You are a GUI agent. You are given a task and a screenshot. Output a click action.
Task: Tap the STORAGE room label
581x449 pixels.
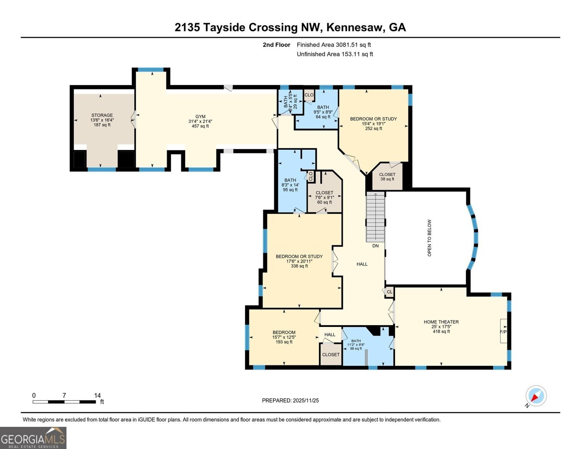102,115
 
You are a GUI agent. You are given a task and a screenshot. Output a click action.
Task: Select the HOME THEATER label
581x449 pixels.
441,322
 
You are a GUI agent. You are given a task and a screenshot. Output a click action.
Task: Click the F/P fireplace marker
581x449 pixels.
503,332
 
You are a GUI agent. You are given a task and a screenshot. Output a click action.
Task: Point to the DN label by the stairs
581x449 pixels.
375,246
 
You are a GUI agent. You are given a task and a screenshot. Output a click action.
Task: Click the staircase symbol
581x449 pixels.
375,217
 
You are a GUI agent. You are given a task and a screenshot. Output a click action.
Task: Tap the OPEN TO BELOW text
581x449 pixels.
429,238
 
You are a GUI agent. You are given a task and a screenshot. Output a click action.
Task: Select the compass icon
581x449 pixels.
536,396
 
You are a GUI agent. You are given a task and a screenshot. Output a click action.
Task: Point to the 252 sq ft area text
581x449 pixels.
373,128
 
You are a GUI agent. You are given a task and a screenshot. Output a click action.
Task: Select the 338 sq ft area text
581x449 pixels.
299,266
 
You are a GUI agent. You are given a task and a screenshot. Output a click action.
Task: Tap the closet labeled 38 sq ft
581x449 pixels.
387,177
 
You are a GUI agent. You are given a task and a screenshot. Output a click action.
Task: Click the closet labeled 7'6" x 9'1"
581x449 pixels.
324,197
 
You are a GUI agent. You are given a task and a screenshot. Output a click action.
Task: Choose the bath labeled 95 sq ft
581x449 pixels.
290,185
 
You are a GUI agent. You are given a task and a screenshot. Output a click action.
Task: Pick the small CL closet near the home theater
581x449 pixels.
389,292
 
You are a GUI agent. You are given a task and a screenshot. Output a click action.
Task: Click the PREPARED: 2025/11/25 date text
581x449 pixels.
290,400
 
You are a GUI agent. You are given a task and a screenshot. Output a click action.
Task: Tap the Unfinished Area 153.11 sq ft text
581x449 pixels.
334,54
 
